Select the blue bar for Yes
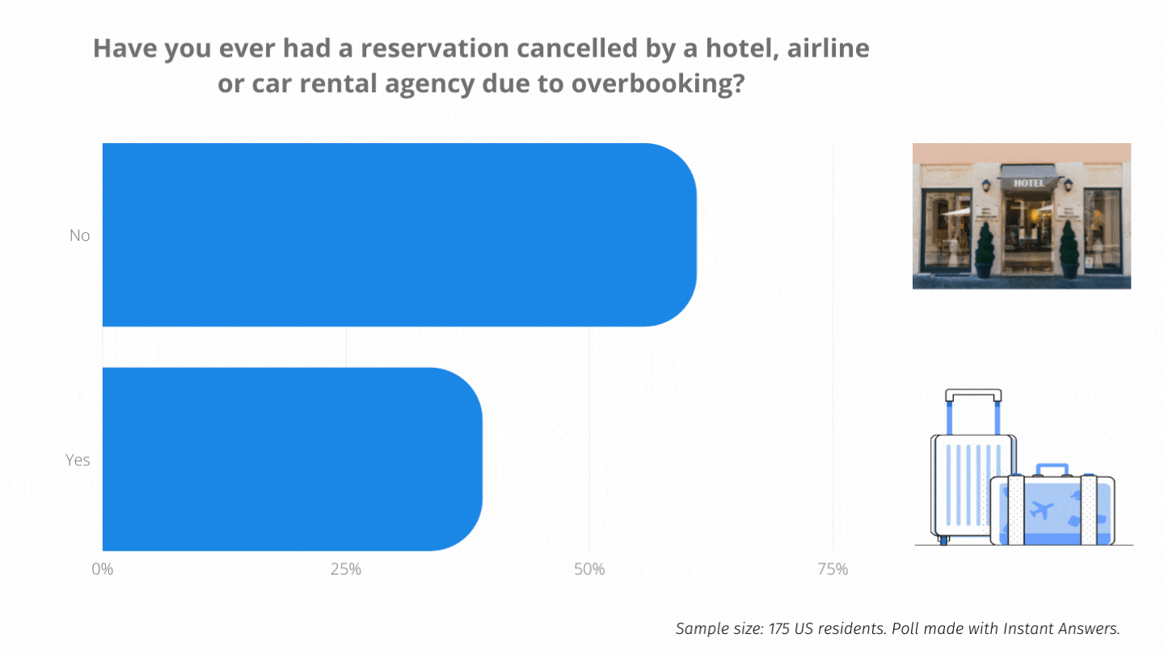point(291,459)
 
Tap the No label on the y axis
point(79,235)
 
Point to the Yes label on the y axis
point(78,460)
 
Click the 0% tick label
point(103,569)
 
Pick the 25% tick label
point(346,569)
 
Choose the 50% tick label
point(589,569)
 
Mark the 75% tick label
point(833,569)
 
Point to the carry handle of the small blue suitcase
point(1052,470)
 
